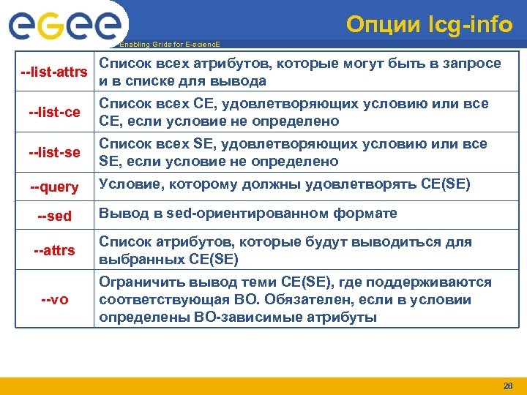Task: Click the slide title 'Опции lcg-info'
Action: pos(429,24)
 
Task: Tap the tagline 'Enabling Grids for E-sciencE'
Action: pos(169,45)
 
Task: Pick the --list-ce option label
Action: pos(55,113)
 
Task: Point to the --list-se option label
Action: pos(55,152)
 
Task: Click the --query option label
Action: pos(55,187)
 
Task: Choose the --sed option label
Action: pos(55,217)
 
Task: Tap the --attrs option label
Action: pos(55,251)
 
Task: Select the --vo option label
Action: pos(55,300)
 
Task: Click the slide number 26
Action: pos(508,386)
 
